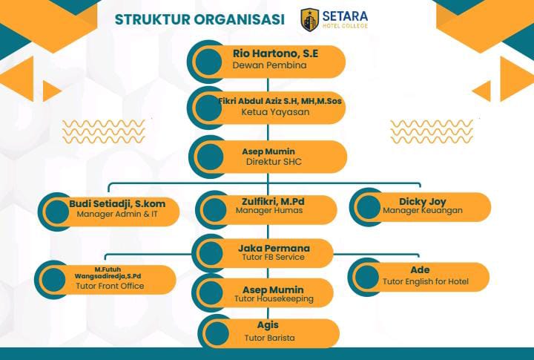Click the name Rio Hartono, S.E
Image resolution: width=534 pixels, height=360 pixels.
click(275, 53)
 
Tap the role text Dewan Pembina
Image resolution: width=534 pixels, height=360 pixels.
click(269, 65)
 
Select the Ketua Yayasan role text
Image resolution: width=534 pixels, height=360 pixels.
click(275, 112)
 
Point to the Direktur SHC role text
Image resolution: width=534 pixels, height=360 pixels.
click(274, 162)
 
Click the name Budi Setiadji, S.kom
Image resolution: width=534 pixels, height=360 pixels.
click(117, 204)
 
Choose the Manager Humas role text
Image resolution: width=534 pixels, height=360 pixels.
click(269, 210)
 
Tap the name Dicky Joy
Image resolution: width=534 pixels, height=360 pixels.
click(422, 202)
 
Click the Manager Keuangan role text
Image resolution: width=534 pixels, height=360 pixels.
click(422, 210)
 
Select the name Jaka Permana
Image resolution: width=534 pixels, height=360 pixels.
click(274, 248)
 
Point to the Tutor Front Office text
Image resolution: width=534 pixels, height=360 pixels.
click(110, 286)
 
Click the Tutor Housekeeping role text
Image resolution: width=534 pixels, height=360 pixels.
click(274, 298)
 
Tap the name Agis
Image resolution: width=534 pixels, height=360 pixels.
click(268, 325)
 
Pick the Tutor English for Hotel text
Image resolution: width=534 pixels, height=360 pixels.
click(426, 281)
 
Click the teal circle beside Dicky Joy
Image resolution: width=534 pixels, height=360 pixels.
click(369, 207)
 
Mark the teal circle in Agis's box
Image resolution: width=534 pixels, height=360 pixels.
click(217, 333)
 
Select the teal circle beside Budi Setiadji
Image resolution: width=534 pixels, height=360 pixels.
click(57, 212)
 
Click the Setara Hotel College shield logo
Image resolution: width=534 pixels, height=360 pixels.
click(309, 20)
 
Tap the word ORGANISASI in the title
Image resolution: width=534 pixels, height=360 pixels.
click(239, 19)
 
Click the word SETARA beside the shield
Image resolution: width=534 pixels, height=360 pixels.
click(345, 16)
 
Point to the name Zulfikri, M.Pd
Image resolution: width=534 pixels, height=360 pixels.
click(273, 201)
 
